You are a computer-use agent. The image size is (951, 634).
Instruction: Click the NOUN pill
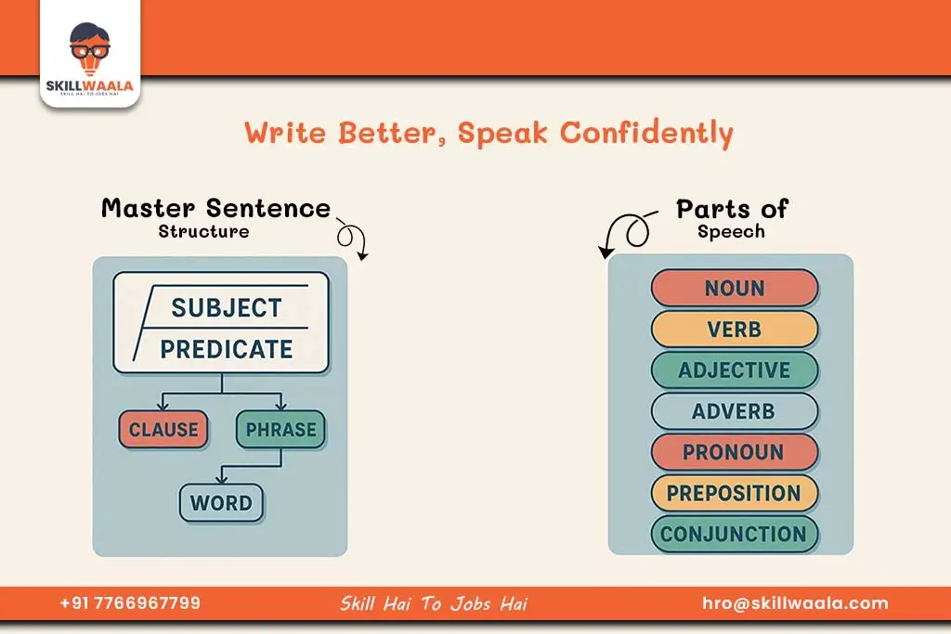tap(735, 288)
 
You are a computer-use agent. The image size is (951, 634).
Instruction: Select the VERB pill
tap(735, 330)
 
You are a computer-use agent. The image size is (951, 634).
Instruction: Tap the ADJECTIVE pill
tap(735, 369)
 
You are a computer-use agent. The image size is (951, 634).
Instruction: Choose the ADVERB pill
tap(735, 411)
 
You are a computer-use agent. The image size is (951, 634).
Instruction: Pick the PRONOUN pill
tap(735, 451)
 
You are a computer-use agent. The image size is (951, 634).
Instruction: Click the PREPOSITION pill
tap(735, 493)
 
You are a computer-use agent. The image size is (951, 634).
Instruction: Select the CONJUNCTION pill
tap(735, 534)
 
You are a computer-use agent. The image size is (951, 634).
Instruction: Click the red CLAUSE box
tap(163, 429)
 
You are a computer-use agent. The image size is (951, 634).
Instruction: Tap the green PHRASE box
tap(280, 429)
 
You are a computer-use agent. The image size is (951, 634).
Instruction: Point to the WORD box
tap(221, 502)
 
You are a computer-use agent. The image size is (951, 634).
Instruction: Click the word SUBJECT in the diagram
tap(227, 308)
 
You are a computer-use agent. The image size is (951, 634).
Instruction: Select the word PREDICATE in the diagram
tap(227, 349)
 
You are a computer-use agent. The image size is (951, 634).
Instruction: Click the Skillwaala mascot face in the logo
tap(90, 48)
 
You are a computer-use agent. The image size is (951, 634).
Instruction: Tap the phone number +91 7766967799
tap(130, 603)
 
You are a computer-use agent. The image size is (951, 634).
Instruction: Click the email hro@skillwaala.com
tap(795, 603)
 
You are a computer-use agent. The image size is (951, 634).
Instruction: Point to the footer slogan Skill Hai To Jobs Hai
tap(434, 603)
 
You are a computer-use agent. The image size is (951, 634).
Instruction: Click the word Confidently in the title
tap(646, 134)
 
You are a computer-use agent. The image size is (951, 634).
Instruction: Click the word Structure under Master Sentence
tap(203, 231)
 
